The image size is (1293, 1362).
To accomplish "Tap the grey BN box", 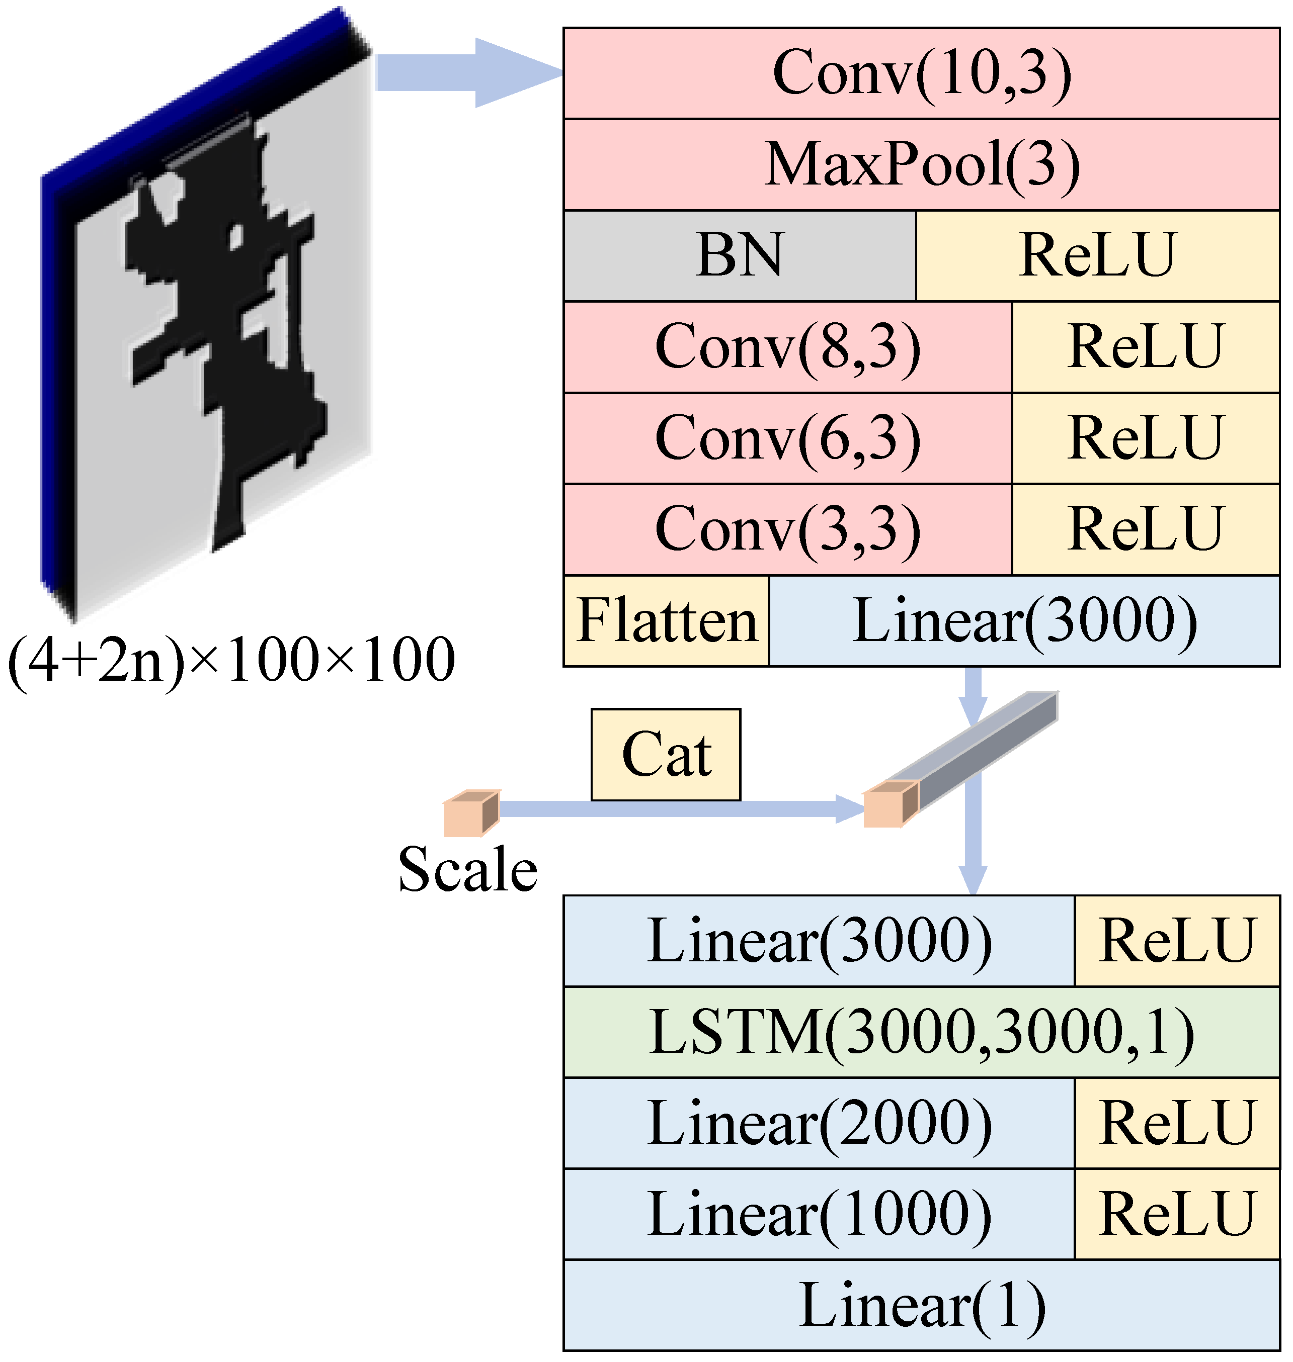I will [x=739, y=255].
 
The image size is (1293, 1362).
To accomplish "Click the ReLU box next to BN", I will [x=1097, y=255].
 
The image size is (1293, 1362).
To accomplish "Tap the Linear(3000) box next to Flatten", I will [x=1024, y=621].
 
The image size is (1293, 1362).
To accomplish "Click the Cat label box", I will [x=666, y=754].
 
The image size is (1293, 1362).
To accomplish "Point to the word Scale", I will [x=467, y=869].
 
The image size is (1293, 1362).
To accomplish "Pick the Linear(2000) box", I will [x=819, y=1123].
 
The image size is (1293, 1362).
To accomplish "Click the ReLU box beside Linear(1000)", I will [x=1176, y=1214].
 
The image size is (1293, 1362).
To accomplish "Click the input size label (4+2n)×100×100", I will [x=231, y=660].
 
